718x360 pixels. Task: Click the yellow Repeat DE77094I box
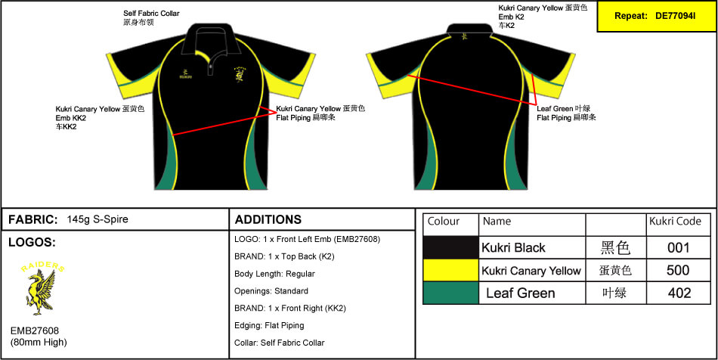pyautogui.click(x=655, y=16)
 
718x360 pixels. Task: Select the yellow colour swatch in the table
pyautogui.click(x=450, y=271)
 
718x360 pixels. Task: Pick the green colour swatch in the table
pyautogui.click(x=450, y=293)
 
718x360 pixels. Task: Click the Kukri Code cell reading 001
pyautogui.click(x=678, y=248)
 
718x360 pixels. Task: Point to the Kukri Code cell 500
pyautogui.click(x=678, y=271)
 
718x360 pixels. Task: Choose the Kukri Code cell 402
pyautogui.click(x=678, y=293)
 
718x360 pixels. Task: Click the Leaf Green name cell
pyautogui.click(x=520, y=293)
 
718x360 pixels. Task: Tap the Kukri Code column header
pyautogui.click(x=675, y=222)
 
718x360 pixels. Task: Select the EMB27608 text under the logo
pyautogui.click(x=35, y=331)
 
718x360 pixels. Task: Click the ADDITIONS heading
pyautogui.click(x=268, y=220)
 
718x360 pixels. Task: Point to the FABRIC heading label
pyautogui.click(x=32, y=220)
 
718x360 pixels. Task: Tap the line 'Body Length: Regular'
pyautogui.click(x=274, y=274)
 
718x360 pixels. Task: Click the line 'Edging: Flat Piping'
pyautogui.click(x=269, y=325)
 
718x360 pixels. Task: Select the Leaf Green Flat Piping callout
pyautogui.click(x=566, y=113)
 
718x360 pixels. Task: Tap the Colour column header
pyautogui.click(x=444, y=222)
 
